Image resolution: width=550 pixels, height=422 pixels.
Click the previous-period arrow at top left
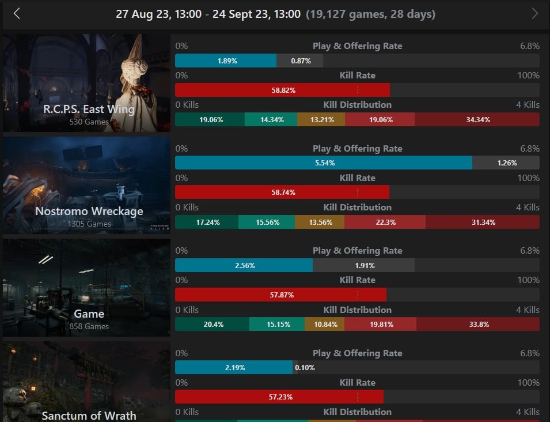(x=17, y=14)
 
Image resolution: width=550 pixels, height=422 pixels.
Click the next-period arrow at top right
(x=534, y=14)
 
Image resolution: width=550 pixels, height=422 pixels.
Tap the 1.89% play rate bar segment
(x=226, y=61)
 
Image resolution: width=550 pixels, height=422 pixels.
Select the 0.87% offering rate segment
(x=300, y=61)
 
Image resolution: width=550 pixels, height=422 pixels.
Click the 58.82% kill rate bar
(x=282, y=91)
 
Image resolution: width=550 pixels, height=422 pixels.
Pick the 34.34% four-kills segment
(x=477, y=120)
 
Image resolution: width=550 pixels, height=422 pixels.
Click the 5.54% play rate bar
(x=324, y=163)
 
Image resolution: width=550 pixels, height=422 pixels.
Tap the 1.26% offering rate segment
(x=506, y=163)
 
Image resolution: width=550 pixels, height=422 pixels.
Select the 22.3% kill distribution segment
(x=385, y=222)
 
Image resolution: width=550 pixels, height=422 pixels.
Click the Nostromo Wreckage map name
(x=89, y=211)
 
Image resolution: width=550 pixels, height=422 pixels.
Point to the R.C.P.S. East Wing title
(x=89, y=109)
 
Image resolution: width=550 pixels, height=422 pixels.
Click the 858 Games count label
(x=89, y=326)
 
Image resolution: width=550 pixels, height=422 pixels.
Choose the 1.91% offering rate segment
(x=363, y=265)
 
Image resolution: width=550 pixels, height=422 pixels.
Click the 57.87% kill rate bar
(x=280, y=295)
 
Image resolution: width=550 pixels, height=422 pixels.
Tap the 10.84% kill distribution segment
(x=324, y=325)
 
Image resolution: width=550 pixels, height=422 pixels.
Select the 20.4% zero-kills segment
(x=212, y=325)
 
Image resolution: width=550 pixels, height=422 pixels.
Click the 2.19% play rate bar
(x=234, y=368)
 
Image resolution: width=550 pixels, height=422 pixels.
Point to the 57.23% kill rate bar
(x=279, y=397)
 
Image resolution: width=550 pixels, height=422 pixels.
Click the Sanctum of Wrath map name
(x=89, y=416)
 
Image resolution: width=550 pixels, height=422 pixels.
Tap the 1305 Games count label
(x=89, y=224)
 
